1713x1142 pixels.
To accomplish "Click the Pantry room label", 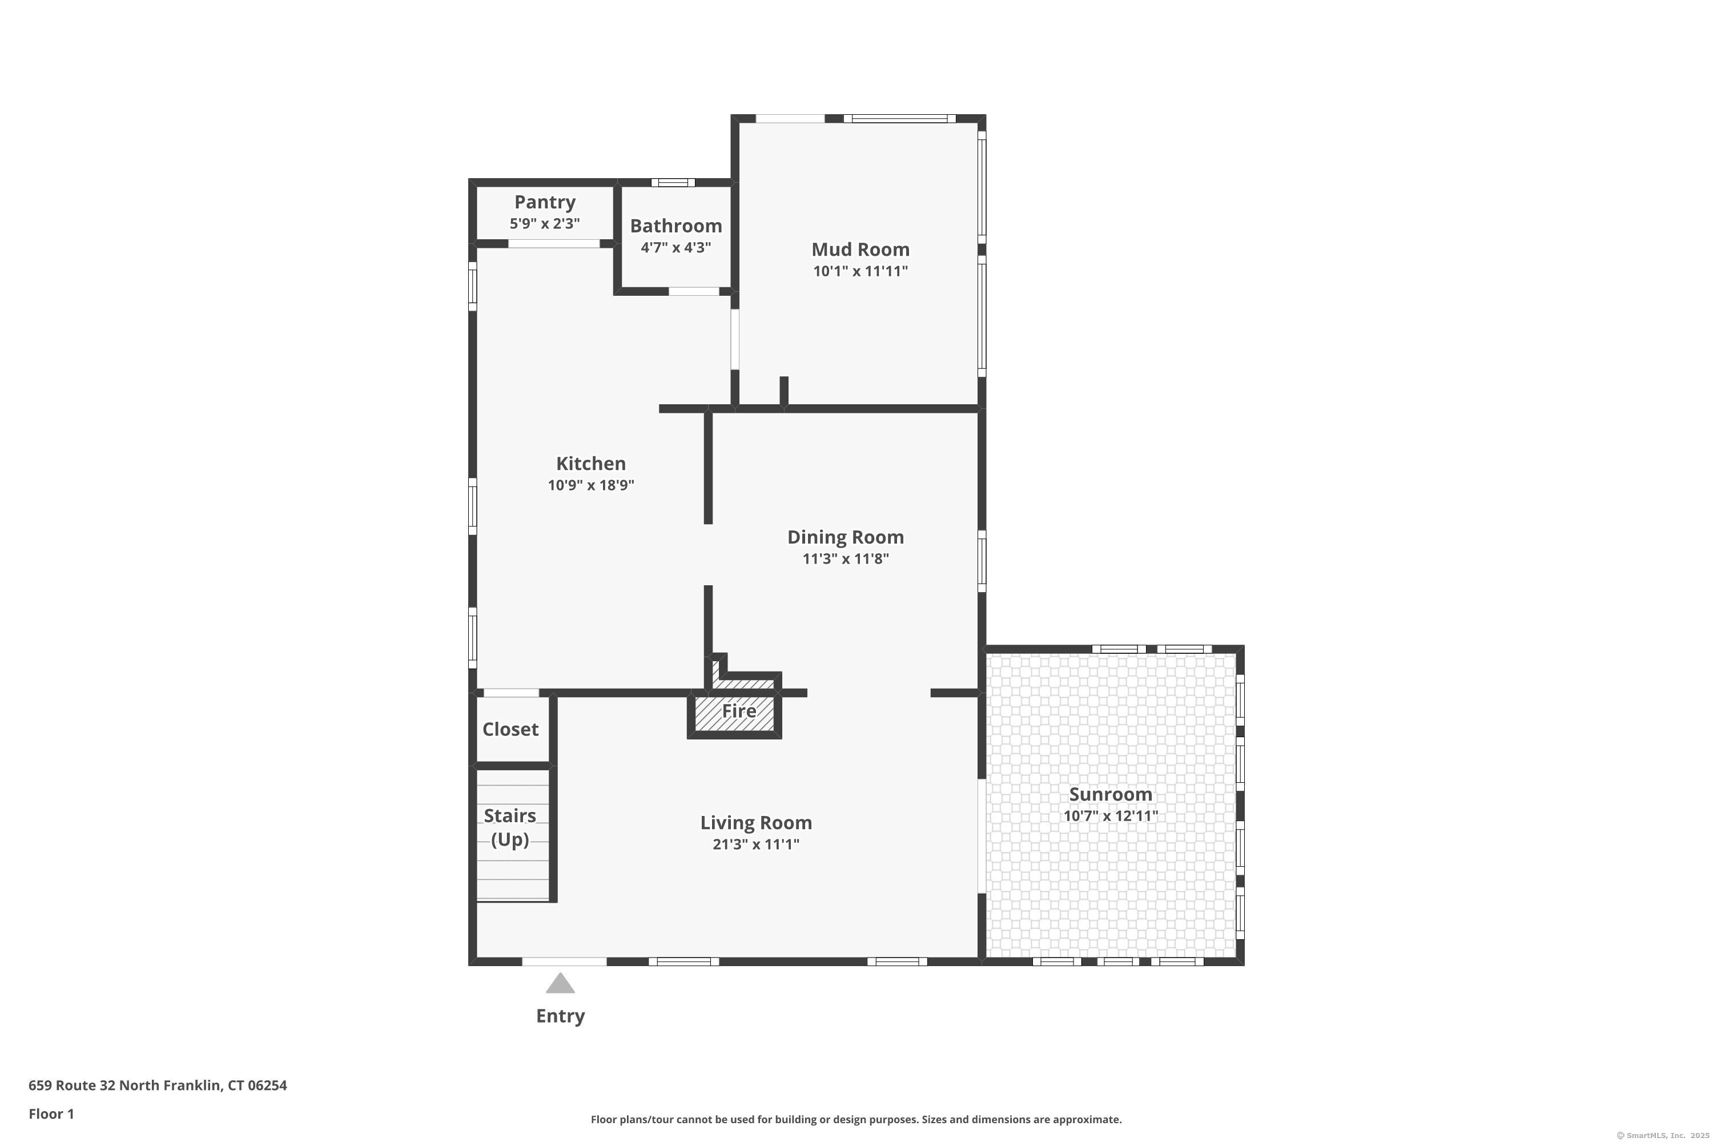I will point(545,202).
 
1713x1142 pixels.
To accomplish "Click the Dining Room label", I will point(845,537).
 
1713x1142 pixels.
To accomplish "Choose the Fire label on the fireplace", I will point(738,711).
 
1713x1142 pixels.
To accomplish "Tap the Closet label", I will point(510,729).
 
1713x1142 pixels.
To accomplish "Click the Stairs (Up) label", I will point(510,827).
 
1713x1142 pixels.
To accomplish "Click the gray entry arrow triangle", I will point(560,984).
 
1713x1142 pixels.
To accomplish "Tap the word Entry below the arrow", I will point(560,1016).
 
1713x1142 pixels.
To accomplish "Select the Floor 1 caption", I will point(51,1113).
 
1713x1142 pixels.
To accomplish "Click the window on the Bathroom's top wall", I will point(672,183).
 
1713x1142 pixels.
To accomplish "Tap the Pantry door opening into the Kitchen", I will point(553,244).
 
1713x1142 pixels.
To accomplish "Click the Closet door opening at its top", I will point(511,693).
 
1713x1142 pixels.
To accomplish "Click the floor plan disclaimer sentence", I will point(856,1119).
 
